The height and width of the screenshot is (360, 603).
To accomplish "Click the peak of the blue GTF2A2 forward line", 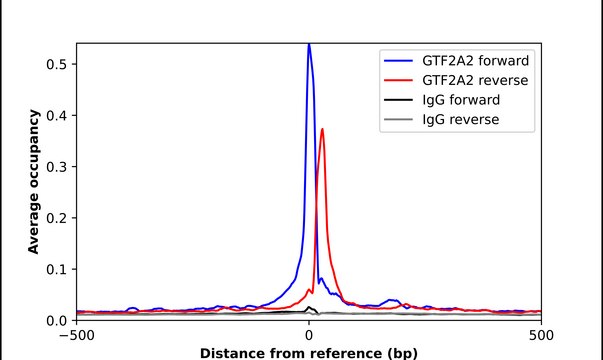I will [308, 44].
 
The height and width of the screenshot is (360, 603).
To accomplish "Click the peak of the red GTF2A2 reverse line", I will [322, 129].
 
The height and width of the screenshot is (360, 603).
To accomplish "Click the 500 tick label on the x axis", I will [541, 336].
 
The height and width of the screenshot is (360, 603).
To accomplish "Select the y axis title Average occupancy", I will [34, 181].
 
